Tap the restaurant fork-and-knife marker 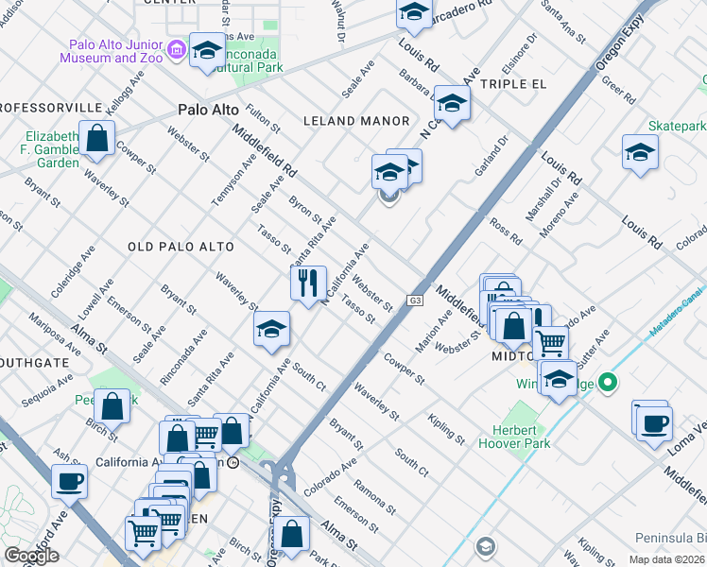click(308, 283)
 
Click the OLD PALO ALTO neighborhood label click(181, 247)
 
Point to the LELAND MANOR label click(355, 121)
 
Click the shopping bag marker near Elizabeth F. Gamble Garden click(96, 138)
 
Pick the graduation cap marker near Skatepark click(640, 151)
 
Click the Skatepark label click(677, 126)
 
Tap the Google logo click(31, 556)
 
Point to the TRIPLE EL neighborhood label click(513, 84)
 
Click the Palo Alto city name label click(209, 111)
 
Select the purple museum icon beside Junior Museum click(175, 49)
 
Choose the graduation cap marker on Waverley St click(271, 329)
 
